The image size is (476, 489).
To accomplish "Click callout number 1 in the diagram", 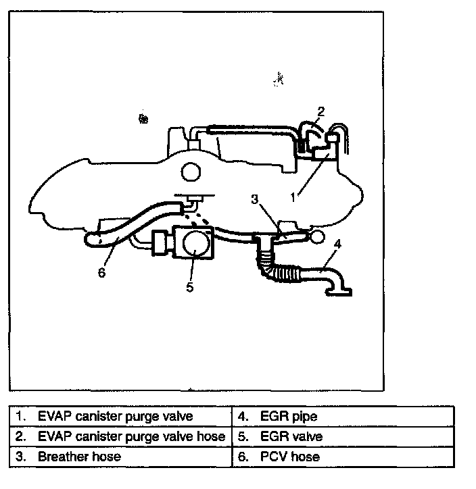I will tap(293, 198).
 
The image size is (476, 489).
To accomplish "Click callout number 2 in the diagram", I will tap(321, 111).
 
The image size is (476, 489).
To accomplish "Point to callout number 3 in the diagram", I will tap(254, 200).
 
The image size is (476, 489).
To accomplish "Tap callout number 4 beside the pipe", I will tap(337, 243).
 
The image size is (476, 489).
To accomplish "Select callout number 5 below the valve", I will tap(190, 287).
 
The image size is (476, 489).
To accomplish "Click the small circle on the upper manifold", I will tap(191, 172).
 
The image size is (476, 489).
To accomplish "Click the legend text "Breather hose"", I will tap(79, 457).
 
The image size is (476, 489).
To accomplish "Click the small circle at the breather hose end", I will tap(315, 236).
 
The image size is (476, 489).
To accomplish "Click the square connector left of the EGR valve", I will tap(162, 243).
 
